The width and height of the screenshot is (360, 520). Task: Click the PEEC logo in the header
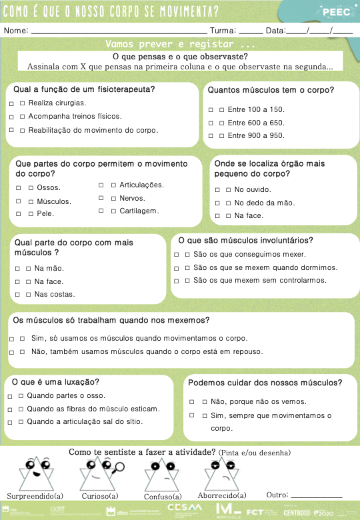point(331,11)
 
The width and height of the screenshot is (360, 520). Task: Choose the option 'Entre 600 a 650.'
point(256,123)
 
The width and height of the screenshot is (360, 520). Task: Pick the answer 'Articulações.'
point(141,185)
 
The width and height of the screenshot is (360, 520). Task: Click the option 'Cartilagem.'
point(139,211)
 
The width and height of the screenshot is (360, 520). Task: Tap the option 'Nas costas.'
point(55,294)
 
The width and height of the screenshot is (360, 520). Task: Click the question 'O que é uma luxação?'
point(56,382)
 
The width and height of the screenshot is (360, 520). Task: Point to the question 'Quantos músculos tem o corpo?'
point(271,90)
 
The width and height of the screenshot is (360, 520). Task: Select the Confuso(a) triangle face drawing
point(162,475)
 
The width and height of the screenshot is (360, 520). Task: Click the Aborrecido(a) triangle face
point(221,474)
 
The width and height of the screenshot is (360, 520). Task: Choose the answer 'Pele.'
point(45,214)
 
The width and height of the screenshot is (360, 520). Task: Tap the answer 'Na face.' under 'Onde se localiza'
point(249,216)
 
